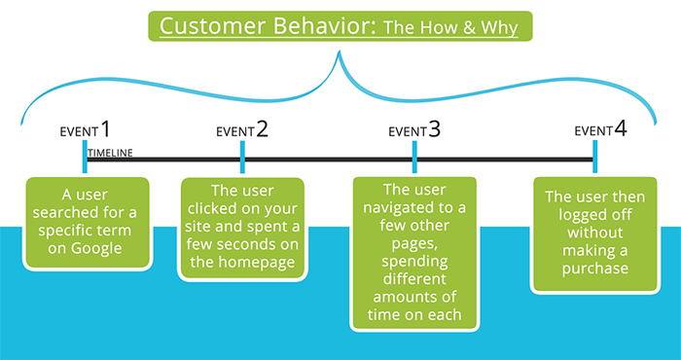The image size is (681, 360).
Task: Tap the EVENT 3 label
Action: [414, 129]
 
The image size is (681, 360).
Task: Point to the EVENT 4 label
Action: [600, 129]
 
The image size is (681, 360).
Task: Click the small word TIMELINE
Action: [110, 154]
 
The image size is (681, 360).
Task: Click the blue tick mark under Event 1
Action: [86, 159]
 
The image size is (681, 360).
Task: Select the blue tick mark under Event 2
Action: [242, 159]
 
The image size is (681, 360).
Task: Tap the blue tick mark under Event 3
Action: [414, 159]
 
